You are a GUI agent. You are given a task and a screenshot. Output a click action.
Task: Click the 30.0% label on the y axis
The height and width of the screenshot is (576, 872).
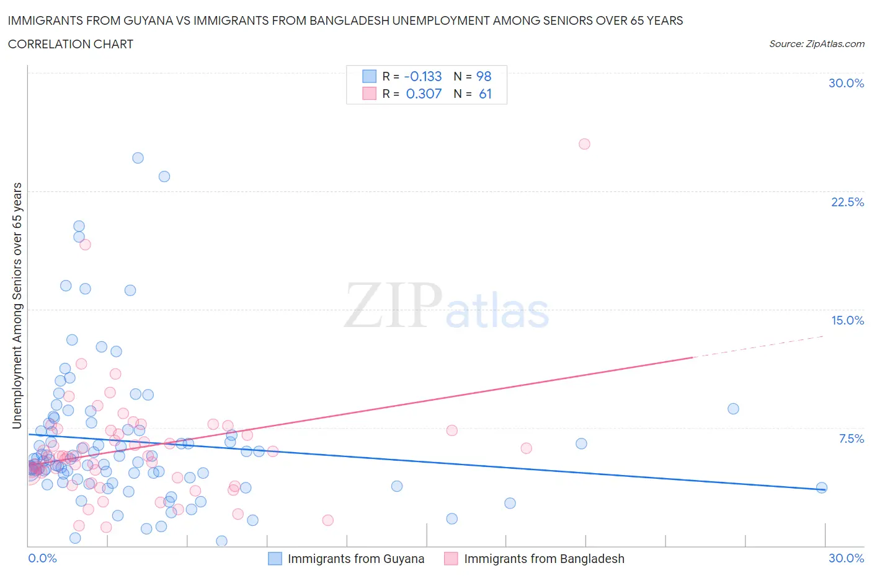coord(846,83)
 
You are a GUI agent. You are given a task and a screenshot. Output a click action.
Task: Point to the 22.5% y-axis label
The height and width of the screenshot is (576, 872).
coord(847,202)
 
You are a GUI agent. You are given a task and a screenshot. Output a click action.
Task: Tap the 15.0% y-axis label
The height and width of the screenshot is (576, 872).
coord(847,320)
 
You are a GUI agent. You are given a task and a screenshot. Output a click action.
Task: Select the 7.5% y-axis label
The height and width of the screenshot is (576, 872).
coord(851,439)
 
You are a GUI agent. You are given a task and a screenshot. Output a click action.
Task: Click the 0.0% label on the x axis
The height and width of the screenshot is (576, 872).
coord(42,558)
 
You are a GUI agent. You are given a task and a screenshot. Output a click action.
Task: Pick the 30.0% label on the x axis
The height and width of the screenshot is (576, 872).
coord(846,558)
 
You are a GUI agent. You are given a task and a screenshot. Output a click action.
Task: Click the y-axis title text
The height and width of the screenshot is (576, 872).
coord(17,305)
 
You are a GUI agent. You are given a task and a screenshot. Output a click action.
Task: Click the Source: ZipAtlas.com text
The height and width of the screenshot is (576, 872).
coord(816,43)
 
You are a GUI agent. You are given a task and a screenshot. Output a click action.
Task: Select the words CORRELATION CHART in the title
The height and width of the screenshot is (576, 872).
coord(71,44)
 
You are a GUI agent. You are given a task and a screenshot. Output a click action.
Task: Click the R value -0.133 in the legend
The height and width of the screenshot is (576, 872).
coord(423,76)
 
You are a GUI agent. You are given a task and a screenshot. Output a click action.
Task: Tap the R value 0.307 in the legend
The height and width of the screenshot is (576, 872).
coord(424,94)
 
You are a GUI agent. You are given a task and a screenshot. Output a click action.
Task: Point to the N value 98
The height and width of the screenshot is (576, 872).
coord(484,76)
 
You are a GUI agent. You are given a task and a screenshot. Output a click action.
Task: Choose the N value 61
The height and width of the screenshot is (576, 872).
coord(485,94)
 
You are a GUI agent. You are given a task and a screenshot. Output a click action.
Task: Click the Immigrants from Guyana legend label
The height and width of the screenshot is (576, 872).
coord(356,559)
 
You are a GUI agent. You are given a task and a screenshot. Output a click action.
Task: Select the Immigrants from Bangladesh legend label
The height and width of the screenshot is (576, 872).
coord(544,559)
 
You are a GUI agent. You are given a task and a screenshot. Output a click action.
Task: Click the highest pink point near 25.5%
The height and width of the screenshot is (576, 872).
coord(584,144)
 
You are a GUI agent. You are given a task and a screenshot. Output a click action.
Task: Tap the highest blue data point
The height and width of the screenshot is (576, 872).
coord(138,158)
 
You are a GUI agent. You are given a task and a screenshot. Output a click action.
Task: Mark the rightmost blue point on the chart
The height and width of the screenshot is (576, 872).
coord(822,487)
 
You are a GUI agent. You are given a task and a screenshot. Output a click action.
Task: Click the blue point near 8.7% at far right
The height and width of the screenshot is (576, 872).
coord(733,409)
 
